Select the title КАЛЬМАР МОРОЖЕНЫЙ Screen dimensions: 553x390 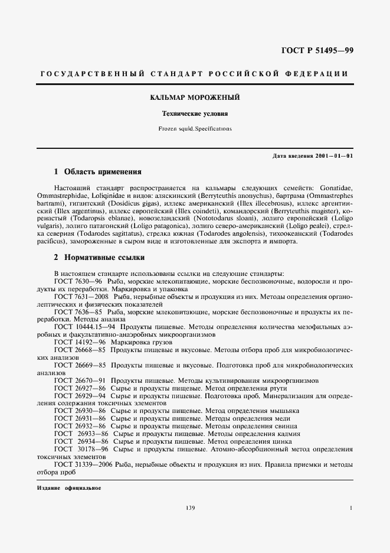pos(195,97)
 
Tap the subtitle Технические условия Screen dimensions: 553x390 pos(195,113)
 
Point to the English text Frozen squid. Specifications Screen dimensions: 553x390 pos(195,128)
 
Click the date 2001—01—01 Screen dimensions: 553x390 pos(332,155)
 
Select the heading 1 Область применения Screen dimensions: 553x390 pos(97,172)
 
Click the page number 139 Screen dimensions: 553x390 pos(189,508)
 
